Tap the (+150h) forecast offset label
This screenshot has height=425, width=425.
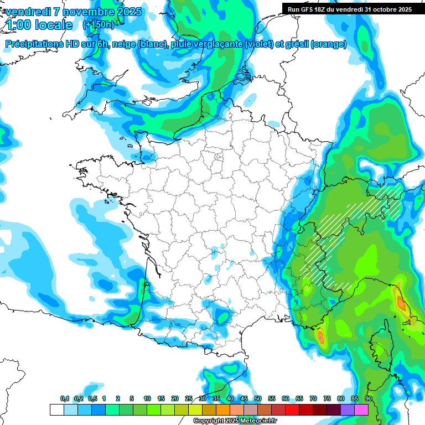[x=98, y=24]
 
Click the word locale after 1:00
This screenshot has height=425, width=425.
[x=53, y=25]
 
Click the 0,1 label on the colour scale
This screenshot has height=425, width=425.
[x=65, y=399]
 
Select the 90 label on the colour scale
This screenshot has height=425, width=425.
[x=368, y=399]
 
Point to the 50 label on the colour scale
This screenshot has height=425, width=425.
[x=258, y=399]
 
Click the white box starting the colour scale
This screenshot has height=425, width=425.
[x=56, y=410]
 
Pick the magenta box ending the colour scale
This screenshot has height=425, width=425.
[x=361, y=410]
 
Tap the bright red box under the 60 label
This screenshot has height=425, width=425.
[x=292, y=410]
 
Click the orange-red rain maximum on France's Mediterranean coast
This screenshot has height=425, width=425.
[x=320, y=336]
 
